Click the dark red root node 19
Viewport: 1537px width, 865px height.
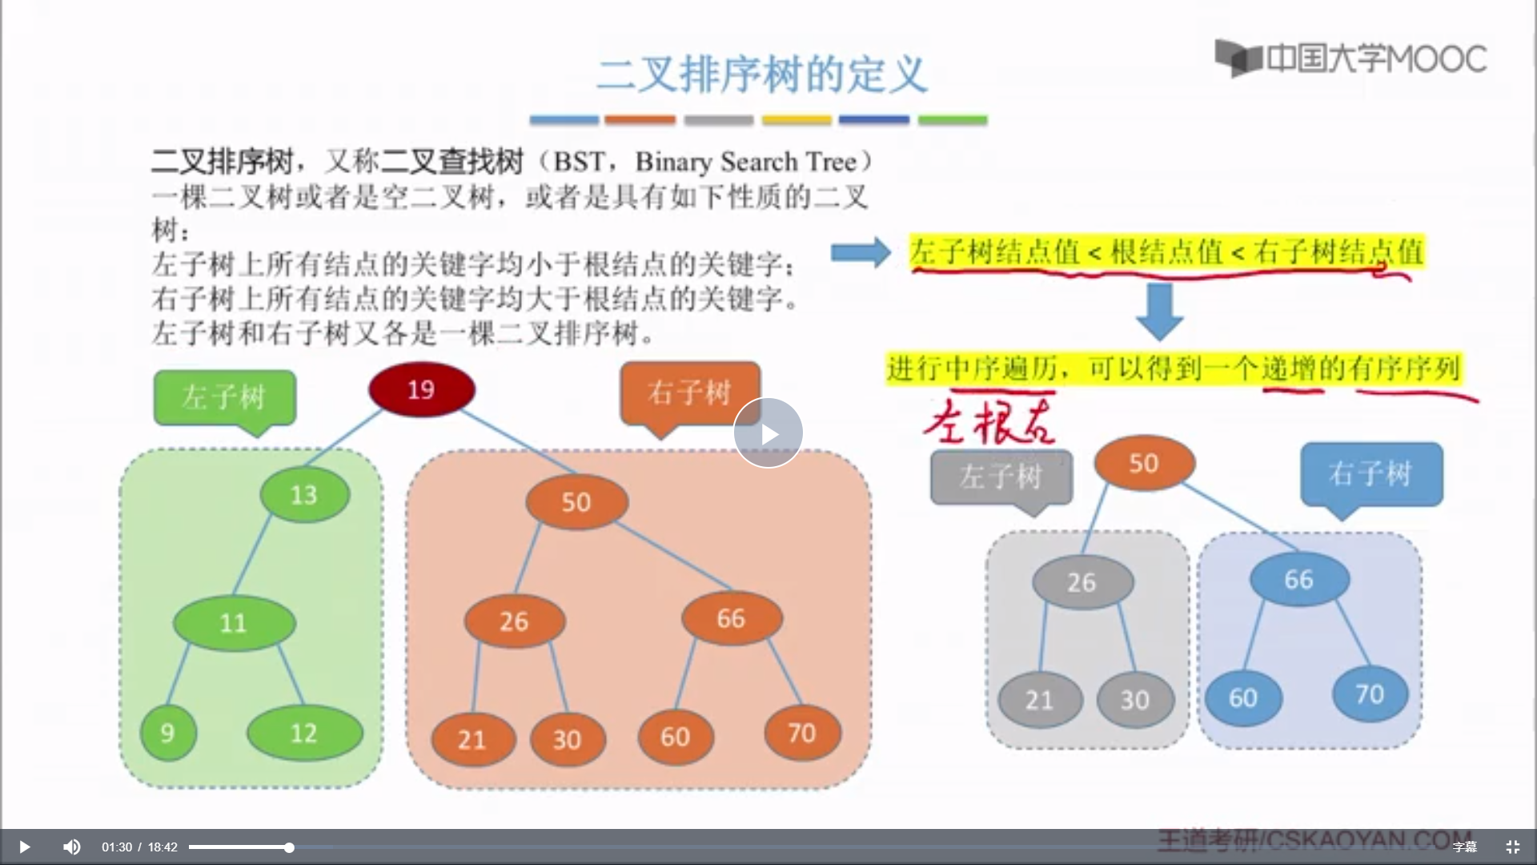click(422, 389)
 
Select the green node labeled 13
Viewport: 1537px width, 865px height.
click(304, 494)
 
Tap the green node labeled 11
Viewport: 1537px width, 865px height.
click(234, 622)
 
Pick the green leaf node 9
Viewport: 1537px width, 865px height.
click(168, 732)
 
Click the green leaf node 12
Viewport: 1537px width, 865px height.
click(304, 732)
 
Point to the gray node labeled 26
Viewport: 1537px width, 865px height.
click(1082, 581)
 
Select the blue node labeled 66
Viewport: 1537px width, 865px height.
click(1298, 579)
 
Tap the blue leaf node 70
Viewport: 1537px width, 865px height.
click(1370, 694)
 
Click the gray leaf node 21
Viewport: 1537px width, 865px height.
click(1040, 699)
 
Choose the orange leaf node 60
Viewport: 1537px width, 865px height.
click(675, 736)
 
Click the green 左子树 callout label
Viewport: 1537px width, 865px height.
click(224, 396)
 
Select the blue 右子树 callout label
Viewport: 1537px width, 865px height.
click(1370, 473)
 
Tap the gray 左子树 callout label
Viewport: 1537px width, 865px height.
click(1001, 477)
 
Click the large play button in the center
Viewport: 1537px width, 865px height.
click(768, 433)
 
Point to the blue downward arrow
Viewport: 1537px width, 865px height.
click(1159, 311)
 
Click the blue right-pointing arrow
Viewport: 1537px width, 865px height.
click(861, 252)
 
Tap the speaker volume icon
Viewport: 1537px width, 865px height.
click(71, 847)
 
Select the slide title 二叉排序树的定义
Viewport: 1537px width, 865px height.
click(761, 75)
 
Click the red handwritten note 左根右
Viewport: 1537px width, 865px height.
click(989, 422)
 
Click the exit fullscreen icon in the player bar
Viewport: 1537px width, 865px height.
click(1512, 847)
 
